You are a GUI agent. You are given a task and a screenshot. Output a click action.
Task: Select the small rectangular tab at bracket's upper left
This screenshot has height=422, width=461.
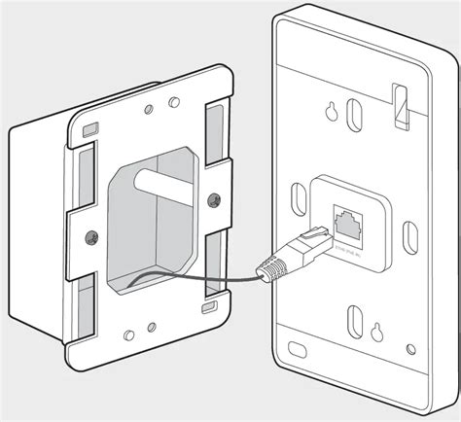tap(89, 128)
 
